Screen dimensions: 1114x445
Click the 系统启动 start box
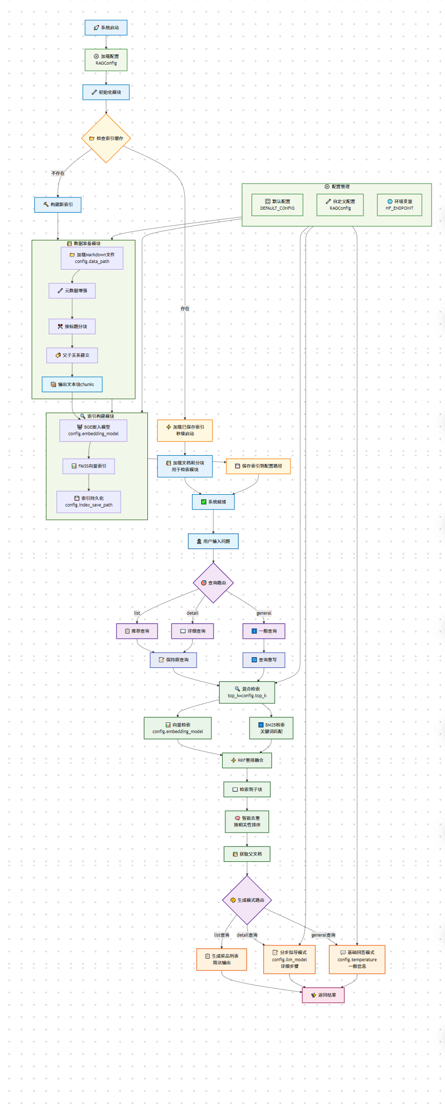[106, 28]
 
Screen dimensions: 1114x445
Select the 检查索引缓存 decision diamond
[106, 138]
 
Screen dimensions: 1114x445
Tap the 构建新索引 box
[58, 205]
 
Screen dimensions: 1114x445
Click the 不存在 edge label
[58, 173]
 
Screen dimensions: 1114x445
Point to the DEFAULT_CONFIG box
[277, 205]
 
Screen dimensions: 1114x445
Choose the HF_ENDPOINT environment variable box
[399, 205]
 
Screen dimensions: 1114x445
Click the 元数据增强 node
[72, 291]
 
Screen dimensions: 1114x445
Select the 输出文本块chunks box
[72, 384]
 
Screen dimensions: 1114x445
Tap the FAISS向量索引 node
[89, 466]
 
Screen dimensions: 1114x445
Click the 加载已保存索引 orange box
[185, 430]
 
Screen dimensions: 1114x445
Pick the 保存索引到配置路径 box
[258, 466]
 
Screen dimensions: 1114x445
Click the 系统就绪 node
[214, 502]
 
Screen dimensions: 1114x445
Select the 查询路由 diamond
[214, 583]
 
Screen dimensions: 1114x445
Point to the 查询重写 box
[264, 660]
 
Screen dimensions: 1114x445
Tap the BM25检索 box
[271, 728]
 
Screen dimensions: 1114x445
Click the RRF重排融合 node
[247, 760]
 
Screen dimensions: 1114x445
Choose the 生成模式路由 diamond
[247, 900]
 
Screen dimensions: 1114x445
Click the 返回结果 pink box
[323, 995]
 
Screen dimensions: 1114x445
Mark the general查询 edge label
[323, 935]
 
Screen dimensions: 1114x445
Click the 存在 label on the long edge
[185, 309]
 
